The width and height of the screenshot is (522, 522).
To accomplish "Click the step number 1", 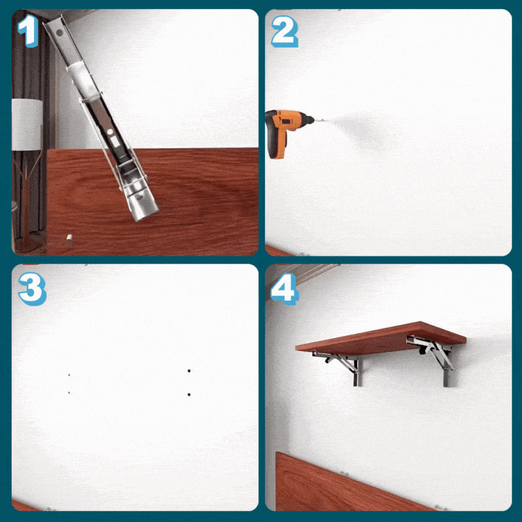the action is pos(29,31).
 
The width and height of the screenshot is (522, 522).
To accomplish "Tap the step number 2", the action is pos(285,31).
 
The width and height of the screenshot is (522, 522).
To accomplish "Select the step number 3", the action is pos(32,289).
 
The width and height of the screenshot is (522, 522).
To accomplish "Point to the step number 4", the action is pos(285,289).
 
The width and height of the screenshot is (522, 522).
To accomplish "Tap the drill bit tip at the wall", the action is pos(324,120).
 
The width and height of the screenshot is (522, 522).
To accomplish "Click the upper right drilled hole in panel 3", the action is pos(189,370).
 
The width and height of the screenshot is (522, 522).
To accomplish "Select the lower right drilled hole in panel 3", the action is pos(189,395).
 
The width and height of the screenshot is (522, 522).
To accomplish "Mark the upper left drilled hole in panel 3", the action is pos(69,375).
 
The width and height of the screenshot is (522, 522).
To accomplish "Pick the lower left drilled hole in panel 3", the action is pos(69,393).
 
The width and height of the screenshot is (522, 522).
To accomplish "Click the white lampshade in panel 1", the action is pos(28,125).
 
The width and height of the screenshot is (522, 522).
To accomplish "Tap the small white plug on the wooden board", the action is pos(69,241).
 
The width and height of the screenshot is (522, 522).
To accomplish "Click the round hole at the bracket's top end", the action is pos(59,33).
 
